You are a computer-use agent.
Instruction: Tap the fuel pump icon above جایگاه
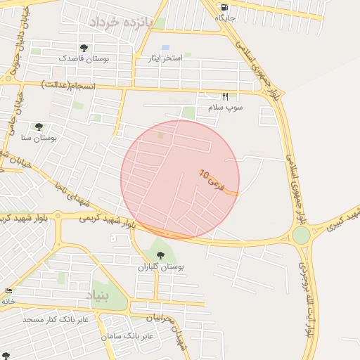pos(224,6)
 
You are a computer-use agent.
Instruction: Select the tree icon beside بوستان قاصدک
pos(84,48)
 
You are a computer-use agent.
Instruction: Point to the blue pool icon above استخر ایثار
pos(165,47)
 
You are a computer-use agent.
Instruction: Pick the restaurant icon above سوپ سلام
pos(226,96)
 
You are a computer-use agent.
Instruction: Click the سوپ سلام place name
pos(225,108)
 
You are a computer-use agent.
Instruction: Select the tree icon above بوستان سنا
pos(39,127)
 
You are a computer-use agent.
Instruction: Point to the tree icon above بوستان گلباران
pos(160,256)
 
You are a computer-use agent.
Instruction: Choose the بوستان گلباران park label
pos(160,267)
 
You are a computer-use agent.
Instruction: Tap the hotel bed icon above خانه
pos(8,291)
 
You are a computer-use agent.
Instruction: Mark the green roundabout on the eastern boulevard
pos(301,236)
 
